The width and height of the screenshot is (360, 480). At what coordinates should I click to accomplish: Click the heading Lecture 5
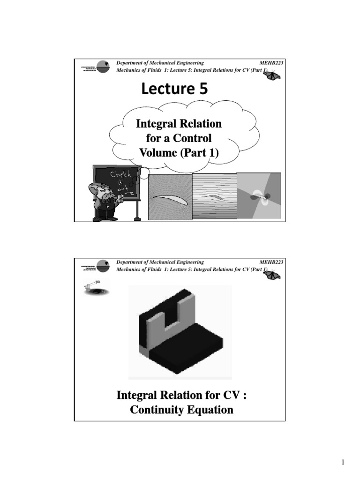[x=173, y=89]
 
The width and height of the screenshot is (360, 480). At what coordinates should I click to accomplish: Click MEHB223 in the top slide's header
[x=271, y=63]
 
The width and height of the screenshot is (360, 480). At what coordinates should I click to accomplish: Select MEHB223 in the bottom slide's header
[x=271, y=262]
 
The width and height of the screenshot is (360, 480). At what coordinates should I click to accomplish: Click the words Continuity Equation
[x=181, y=410]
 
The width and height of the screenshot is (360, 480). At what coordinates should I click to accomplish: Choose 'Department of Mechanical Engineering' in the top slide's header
[x=160, y=63]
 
